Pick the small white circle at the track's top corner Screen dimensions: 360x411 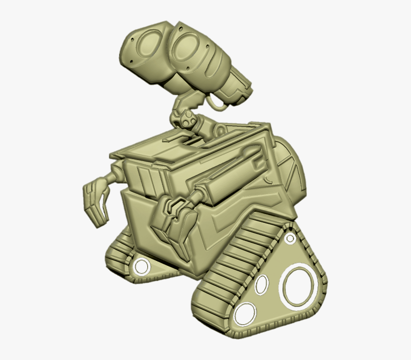point(290,238)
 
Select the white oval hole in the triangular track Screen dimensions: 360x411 point(262,284)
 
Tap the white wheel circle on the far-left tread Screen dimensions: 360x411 point(142,266)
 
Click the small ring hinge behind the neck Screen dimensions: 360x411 point(220,129)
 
